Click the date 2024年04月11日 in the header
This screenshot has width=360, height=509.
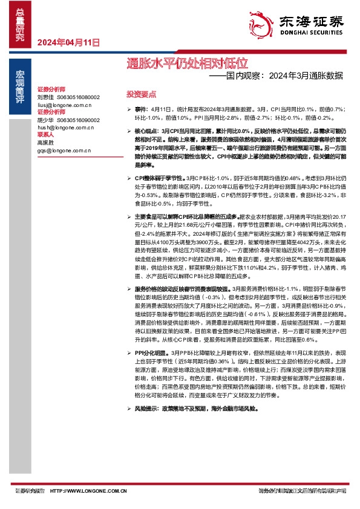[68, 42]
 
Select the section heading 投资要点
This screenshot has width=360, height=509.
[141, 95]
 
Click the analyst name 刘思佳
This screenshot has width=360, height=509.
[46, 97]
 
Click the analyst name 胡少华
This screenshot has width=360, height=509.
[46, 120]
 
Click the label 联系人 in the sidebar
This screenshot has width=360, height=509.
[46, 135]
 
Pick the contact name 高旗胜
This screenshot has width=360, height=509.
[46, 143]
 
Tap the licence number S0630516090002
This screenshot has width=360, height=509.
[79, 120]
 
